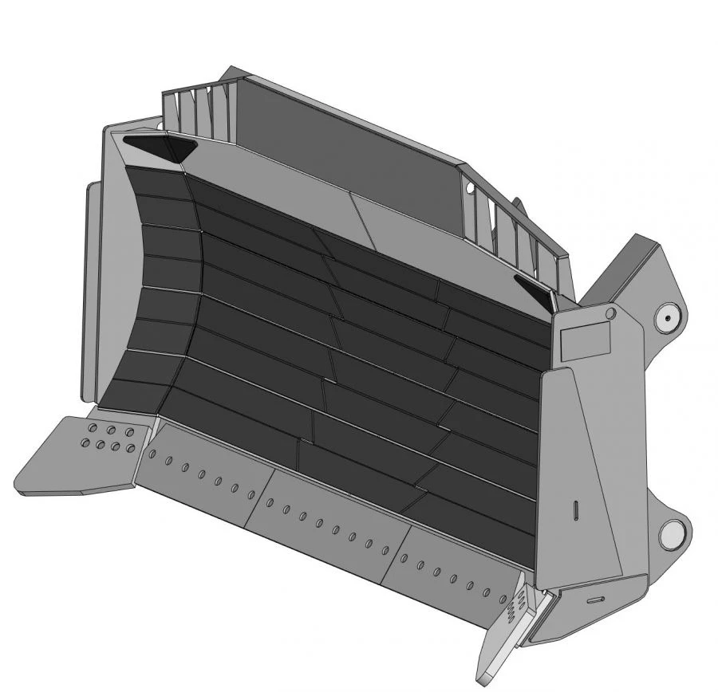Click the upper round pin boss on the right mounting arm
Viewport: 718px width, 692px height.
667,319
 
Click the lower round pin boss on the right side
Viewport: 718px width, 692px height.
674,532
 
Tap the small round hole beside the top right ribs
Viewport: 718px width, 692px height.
470,189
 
